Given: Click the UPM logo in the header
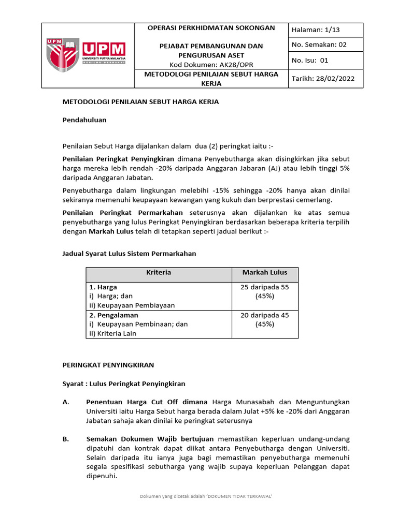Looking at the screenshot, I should (x=87, y=55).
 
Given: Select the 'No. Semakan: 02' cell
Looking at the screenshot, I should (x=319, y=45).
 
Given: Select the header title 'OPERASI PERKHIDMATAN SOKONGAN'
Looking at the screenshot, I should (x=211, y=28).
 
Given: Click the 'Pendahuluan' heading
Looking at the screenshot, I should (x=84, y=120).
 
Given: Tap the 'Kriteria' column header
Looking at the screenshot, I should (x=159, y=272).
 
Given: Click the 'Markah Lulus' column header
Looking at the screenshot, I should (x=264, y=272).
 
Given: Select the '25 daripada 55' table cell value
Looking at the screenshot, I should (x=264, y=287).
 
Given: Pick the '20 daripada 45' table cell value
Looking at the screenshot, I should (x=264, y=315).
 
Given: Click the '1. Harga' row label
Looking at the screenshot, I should (x=103, y=287).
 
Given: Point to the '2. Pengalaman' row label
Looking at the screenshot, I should (x=113, y=315).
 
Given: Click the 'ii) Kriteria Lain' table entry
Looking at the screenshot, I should (x=112, y=333).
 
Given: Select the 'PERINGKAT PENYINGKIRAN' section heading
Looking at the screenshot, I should (x=108, y=365).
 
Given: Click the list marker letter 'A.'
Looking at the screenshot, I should (x=66, y=402).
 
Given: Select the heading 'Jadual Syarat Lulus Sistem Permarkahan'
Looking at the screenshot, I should (x=129, y=254).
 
